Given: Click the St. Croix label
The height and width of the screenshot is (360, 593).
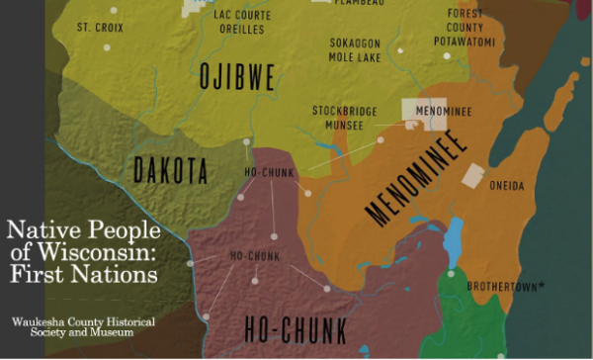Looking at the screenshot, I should tap(101, 27).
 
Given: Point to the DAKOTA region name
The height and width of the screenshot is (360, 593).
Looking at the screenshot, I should tap(171, 170).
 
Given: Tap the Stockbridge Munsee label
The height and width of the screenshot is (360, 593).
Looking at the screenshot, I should tap(345, 118).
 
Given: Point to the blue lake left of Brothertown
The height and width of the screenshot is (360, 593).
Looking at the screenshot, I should tap(454, 236).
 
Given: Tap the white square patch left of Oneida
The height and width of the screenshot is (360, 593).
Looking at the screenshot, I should tap(474, 175).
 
